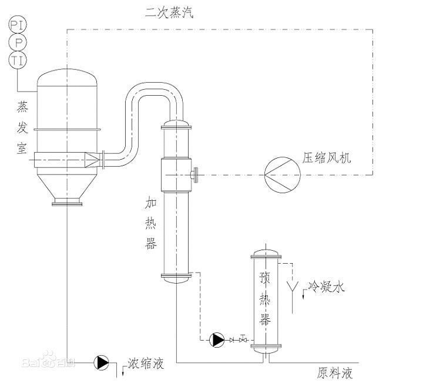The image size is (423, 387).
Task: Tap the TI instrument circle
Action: pyautogui.click(x=16, y=59)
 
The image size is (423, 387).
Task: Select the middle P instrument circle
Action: pyautogui.click(x=16, y=42)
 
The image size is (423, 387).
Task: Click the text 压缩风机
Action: pyautogui.click(x=325, y=159)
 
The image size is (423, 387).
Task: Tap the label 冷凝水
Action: pyautogui.click(x=326, y=287)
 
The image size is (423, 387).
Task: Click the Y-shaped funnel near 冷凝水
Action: pyautogui.click(x=291, y=288)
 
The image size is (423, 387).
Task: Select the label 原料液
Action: pyautogui.click(x=335, y=373)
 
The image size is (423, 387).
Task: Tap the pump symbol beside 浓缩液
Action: pyautogui.click(x=102, y=363)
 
